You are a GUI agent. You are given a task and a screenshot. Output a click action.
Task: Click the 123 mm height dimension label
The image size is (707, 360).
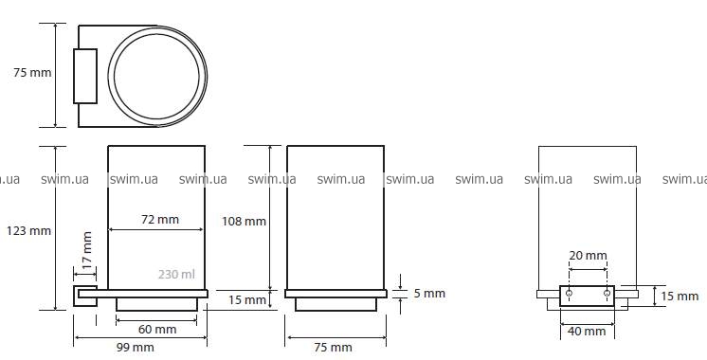(28, 231)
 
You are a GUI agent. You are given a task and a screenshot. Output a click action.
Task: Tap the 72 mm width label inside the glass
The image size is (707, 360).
(160, 220)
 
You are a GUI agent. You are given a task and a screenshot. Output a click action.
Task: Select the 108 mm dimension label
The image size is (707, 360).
(244, 222)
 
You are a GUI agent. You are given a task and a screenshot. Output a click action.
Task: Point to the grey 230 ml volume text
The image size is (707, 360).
(176, 274)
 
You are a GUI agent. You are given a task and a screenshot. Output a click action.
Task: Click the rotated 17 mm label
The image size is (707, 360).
(87, 250)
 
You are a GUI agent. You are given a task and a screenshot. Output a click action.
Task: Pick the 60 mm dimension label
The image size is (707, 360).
(157, 330)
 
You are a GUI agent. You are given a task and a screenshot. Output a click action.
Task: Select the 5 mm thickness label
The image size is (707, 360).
(429, 294)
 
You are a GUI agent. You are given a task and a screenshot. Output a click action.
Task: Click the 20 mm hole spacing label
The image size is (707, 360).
(588, 256)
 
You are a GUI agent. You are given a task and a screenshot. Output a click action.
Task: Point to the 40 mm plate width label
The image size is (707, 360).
(587, 332)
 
